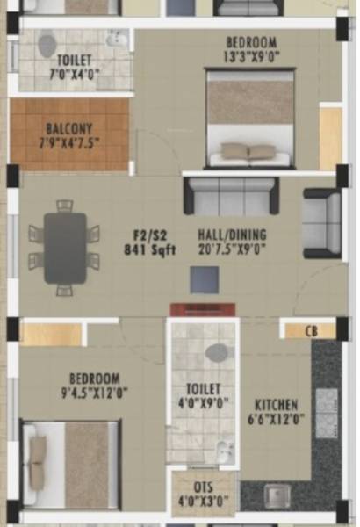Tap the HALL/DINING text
[233, 235]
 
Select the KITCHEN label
[277, 405]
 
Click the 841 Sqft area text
[149, 249]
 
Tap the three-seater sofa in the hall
[231, 197]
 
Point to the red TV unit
[203, 309]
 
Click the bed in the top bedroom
[250, 119]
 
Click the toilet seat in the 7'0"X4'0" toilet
[47, 44]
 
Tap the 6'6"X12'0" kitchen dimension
[277, 419]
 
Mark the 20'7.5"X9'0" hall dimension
[233, 249]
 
